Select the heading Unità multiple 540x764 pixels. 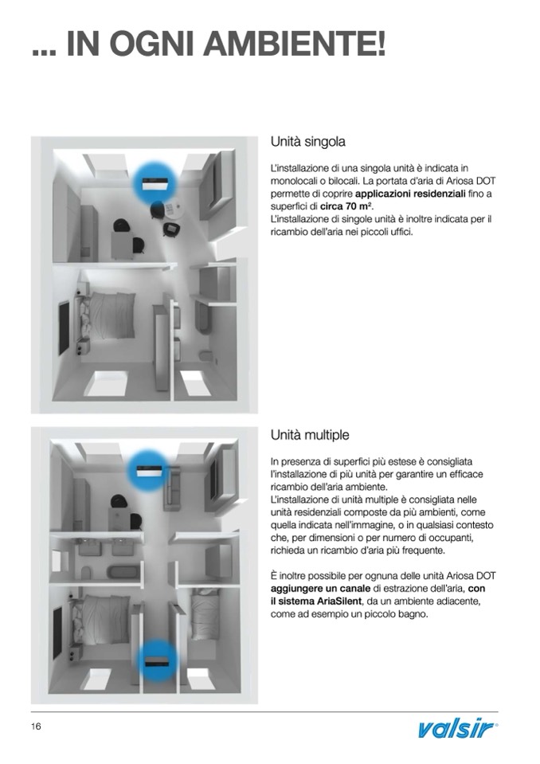pos(310,436)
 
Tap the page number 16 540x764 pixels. pos(37,727)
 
